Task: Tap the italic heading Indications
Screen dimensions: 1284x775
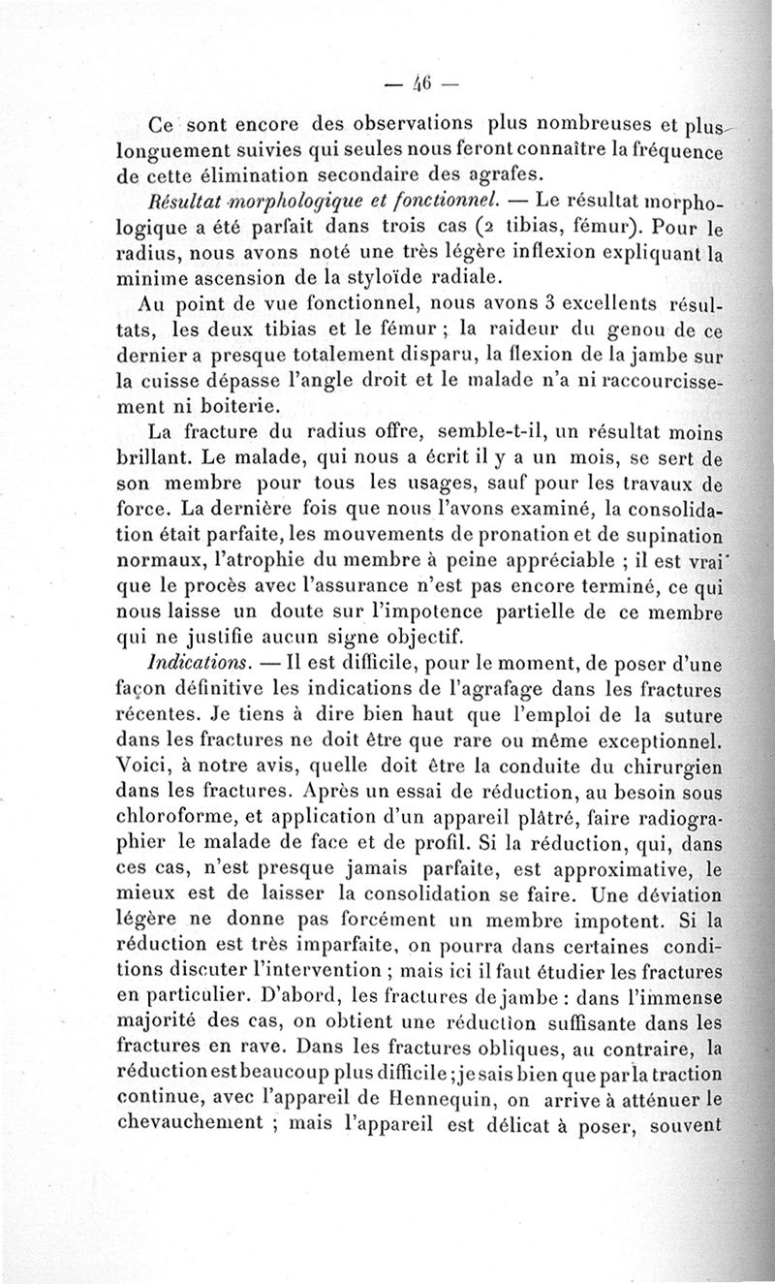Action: (190, 668)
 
